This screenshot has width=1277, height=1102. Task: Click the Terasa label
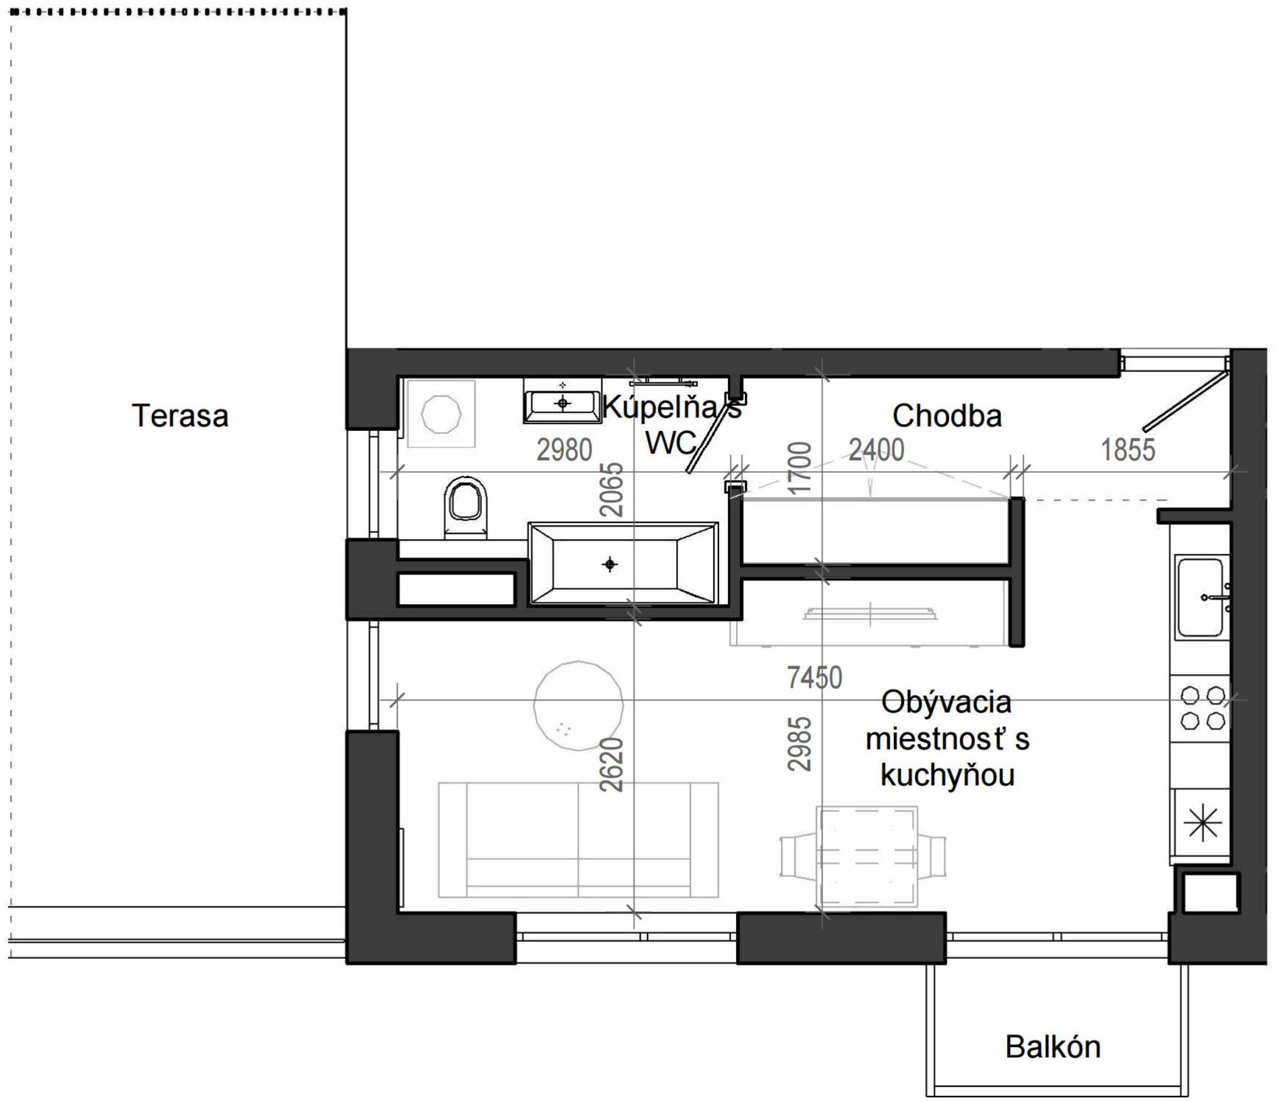coord(180,416)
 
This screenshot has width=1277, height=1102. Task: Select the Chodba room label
coord(947,416)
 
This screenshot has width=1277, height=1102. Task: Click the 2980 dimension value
coord(564,450)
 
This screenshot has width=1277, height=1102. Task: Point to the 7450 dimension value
coord(814,678)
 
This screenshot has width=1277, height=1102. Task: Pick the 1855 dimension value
coord(1128,450)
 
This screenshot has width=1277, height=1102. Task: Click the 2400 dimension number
coord(876,450)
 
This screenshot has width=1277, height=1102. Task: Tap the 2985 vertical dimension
coord(799,744)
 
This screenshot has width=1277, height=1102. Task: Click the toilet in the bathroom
coord(465,507)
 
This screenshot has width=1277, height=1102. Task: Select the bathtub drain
coord(610,564)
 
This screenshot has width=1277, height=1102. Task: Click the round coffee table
coord(578,705)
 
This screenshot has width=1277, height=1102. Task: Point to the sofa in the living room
coord(578,840)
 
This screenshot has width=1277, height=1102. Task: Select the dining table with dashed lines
coord(866,857)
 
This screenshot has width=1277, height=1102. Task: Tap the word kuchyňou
coord(947,775)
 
